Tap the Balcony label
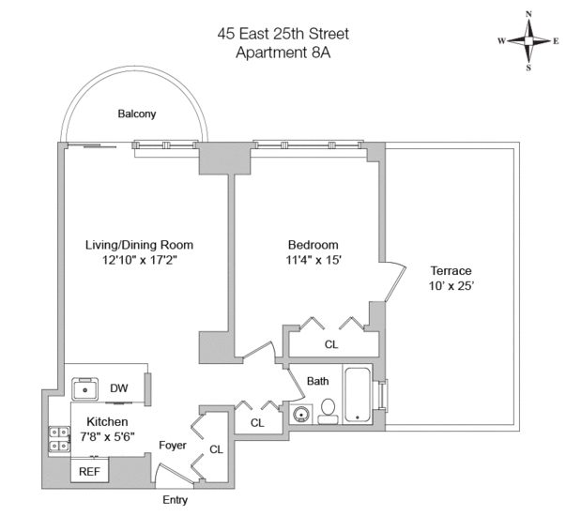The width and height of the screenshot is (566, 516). [137, 114]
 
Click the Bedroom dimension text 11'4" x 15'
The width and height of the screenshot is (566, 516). [314, 261]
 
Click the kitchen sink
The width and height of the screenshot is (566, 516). [88, 388]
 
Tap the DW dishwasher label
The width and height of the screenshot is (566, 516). [119, 388]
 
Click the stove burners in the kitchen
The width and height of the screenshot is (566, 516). [58, 440]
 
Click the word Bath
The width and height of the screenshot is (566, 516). [317, 382]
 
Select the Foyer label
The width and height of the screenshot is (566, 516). [173, 445]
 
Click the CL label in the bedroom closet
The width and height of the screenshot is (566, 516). [331, 344]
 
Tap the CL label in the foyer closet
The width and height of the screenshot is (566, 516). [216, 449]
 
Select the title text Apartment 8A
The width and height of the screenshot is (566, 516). [282, 53]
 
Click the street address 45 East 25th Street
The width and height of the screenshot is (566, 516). [282, 35]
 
